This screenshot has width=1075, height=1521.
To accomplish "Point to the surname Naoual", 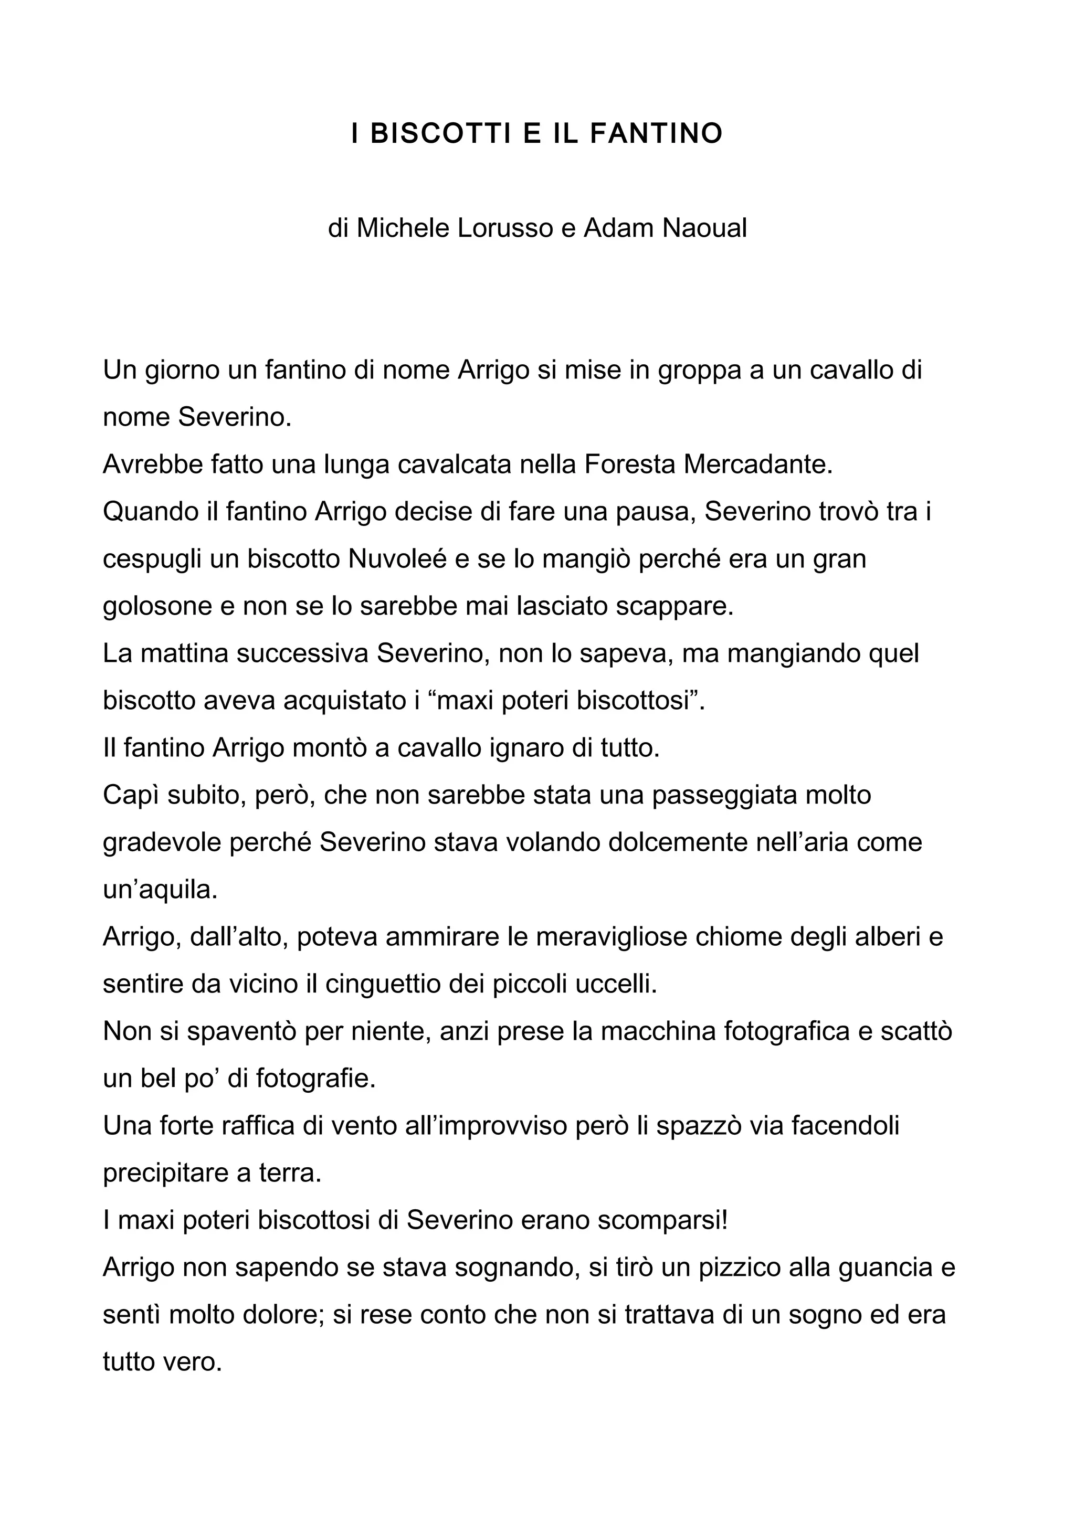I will pos(705,228).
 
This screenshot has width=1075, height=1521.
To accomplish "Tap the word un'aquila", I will pos(160,890).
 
